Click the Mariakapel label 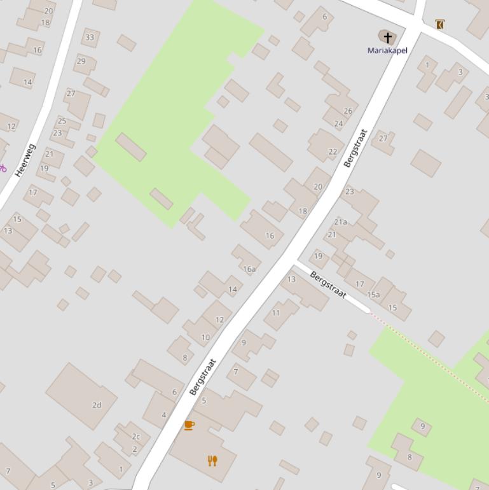[387, 50]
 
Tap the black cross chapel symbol [387, 38]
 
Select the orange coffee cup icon [189, 425]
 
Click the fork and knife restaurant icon [212, 461]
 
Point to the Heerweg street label [25, 160]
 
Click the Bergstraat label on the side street [328, 284]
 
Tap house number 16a [249, 269]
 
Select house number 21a [341, 222]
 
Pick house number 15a [373, 295]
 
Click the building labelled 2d [97, 405]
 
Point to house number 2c [135, 437]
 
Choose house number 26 [348, 111]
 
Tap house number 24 [338, 124]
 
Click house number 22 [333, 152]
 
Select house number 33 [90, 38]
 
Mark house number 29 [81, 62]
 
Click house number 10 [205, 338]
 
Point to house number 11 [276, 313]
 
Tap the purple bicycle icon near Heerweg [3, 169]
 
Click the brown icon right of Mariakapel [439, 24]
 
